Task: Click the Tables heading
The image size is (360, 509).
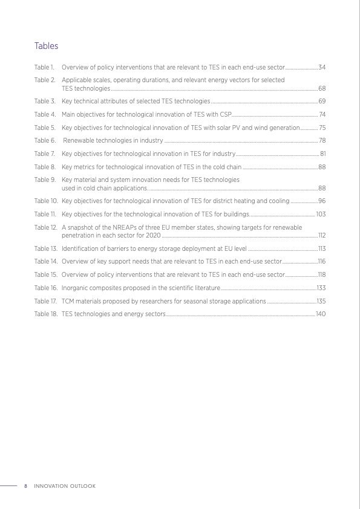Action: pyautogui.click(x=46, y=46)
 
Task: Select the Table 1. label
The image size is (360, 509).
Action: pyautogui.click(x=45, y=66)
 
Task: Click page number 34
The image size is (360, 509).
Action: pyautogui.click(x=322, y=66)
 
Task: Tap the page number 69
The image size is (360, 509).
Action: pyautogui.click(x=322, y=101)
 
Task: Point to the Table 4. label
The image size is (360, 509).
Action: pyautogui.click(x=45, y=114)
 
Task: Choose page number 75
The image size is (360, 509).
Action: pyautogui.click(x=322, y=128)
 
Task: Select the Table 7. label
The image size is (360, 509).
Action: pyautogui.click(x=45, y=154)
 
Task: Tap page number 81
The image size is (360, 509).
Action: pyautogui.click(x=323, y=154)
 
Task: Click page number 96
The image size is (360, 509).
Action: pyautogui.click(x=322, y=201)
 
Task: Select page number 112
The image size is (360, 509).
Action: pyautogui.click(x=322, y=235)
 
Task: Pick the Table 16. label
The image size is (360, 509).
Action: pyautogui.click(x=46, y=287)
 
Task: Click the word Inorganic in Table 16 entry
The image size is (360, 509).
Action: pyautogui.click(x=75, y=287)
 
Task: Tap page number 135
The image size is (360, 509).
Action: pyautogui.click(x=322, y=300)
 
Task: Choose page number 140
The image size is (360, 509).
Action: pyautogui.click(x=321, y=314)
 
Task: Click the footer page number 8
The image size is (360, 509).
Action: pyautogui.click(x=25, y=486)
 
